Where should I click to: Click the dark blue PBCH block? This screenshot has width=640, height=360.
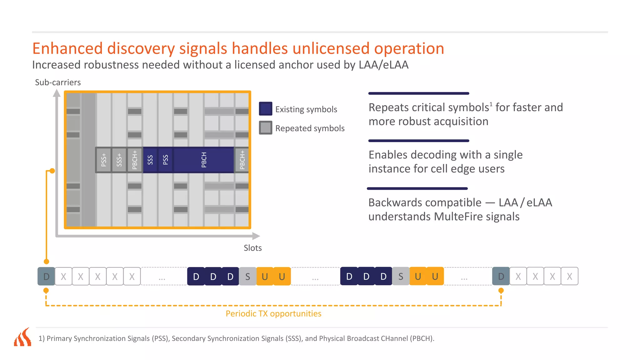tap(204, 160)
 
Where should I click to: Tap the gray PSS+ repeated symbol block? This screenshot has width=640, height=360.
tap(103, 160)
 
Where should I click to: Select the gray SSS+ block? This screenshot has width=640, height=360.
tap(119, 160)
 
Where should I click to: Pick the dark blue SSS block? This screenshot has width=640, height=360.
tap(150, 160)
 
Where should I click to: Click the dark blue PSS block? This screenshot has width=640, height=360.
tap(166, 160)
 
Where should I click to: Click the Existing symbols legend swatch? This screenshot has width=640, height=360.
tap(265, 109)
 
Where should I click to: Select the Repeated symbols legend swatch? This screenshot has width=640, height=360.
tap(265, 128)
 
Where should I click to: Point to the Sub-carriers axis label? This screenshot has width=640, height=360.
tap(58, 82)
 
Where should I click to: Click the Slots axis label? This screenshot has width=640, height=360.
tap(252, 248)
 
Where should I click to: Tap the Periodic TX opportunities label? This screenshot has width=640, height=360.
tap(273, 313)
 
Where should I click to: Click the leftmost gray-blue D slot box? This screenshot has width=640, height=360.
tap(46, 276)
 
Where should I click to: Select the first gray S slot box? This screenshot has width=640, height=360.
tap(247, 276)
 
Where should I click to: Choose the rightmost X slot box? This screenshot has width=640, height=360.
tap(569, 276)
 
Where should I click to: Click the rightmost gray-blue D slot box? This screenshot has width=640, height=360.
tap(501, 276)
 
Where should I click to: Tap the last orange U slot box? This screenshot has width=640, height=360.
tap(435, 276)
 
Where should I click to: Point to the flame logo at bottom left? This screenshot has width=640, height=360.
tap(23, 337)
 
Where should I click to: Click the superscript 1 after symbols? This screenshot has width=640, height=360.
tap(491, 104)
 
